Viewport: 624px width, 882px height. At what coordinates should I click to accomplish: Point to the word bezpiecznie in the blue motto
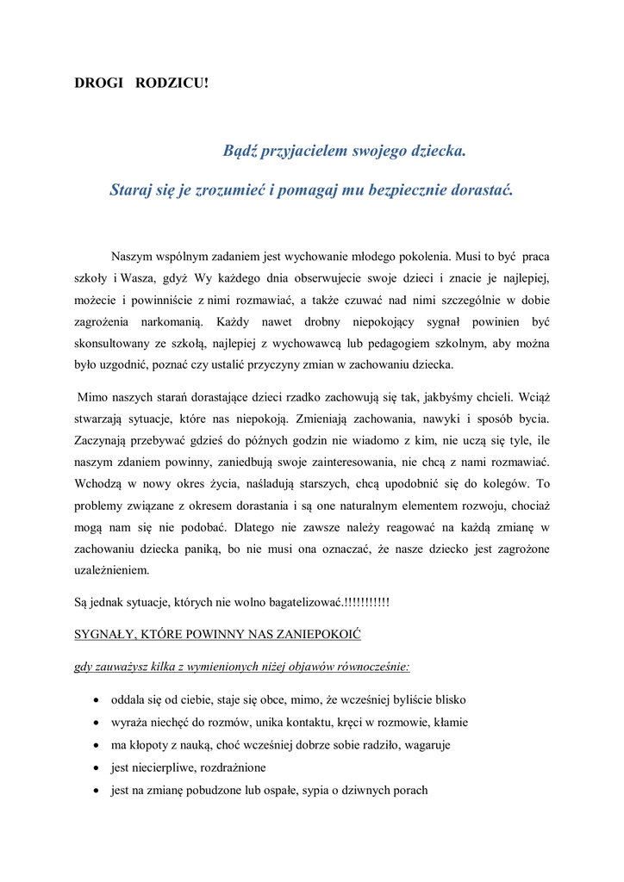click(398, 189)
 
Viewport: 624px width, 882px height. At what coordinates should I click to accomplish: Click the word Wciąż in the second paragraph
click(533, 398)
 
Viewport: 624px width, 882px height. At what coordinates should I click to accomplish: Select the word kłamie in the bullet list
click(449, 723)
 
